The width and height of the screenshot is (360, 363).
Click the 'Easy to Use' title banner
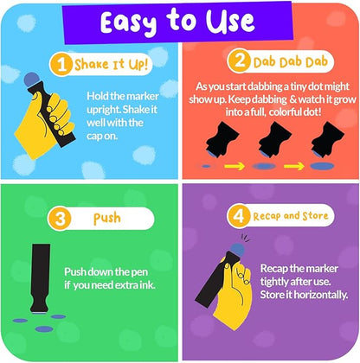pyautogui.click(x=178, y=22)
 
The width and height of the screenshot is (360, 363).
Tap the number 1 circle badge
pyautogui.click(x=61, y=65)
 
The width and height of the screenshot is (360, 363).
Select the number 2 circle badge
pyautogui.click(x=239, y=61)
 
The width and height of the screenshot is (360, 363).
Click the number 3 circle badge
pyautogui.click(x=60, y=218)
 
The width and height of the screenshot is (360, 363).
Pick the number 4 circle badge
pyautogui.click(x=238, y=215)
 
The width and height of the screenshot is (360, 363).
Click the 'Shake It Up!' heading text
pyautogui.click(x=111, y=64)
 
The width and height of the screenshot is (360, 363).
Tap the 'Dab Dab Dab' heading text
pyautogui.click(x=291, y=61)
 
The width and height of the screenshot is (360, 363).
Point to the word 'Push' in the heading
pyautogui.click(x=107, y=219)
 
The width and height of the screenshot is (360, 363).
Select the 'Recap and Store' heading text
pyautogui.click(x=291, y=216)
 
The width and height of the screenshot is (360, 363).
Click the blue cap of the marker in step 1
pyautogui.click(x=32, y=80)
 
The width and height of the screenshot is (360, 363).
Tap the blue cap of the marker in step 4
pyautogui.click(x=237, y=250)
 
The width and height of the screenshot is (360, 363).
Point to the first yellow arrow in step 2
pyautogui.click(x=235, y=166)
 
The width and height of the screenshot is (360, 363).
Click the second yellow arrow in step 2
pyautogui.click(x=294, y=166)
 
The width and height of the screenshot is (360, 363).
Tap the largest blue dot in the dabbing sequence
pyautogui.click(x=322, y=166)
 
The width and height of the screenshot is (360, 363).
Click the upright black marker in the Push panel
pyautogui.click(x=40, y=278)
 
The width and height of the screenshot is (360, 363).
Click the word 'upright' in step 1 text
pyautogui.click(x=103, y=110)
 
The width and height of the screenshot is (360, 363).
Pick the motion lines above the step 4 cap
pyautogui.click(x=245, y=237)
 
